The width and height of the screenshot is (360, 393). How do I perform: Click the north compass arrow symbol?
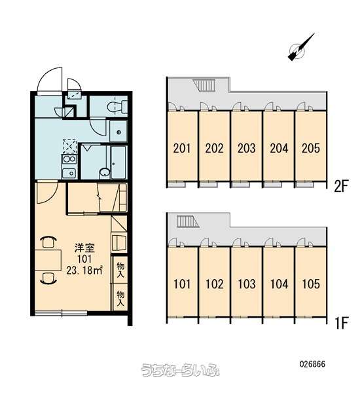tap(300, 48)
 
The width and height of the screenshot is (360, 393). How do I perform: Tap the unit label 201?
tap(182, 148)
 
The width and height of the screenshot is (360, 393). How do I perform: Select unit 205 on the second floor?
tap(311, 148)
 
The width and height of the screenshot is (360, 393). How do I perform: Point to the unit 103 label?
tap(247, 284)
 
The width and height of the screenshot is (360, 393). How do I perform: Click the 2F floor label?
tap(341, 186)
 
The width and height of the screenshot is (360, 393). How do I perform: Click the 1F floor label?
tap(342, 323)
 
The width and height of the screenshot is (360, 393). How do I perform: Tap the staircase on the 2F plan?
tap(204, 84)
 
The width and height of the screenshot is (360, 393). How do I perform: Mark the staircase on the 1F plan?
tap(188, 221)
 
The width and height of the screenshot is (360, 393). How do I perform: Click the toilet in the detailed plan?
tap(117, 107)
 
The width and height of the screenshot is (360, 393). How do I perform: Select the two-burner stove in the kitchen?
tap(69, 159)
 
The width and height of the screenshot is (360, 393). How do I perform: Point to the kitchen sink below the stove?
tap(69, 173)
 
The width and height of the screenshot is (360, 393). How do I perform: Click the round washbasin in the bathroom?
tap(105, 172)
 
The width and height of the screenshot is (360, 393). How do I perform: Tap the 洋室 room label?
tap(84, 248)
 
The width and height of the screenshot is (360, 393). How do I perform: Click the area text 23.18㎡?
tap(84, 270)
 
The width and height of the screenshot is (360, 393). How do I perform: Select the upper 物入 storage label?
tap(120, 270)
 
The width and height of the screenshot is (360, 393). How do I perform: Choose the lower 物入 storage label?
tap(120, 298)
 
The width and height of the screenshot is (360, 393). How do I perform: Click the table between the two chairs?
tap(48, 260)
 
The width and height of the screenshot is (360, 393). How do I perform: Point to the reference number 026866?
tap(312, 364)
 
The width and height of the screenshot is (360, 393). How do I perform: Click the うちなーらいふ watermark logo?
tap(181, 369)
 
